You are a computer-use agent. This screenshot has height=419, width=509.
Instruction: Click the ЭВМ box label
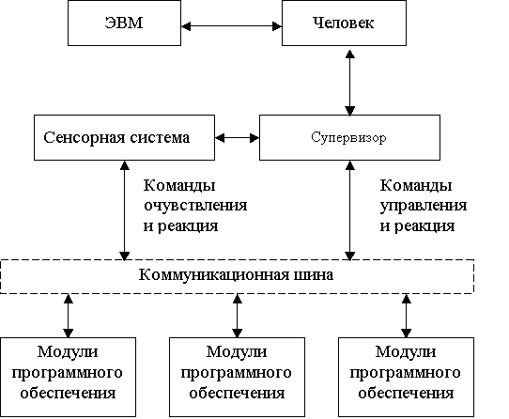coord(124,23)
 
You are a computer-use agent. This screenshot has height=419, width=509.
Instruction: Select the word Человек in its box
coord(343,23)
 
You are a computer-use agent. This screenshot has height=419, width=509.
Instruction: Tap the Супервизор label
coord(348,138)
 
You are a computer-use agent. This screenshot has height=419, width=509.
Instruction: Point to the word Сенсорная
coord(85,138)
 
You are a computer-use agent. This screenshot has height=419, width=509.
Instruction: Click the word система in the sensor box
coord(160,138)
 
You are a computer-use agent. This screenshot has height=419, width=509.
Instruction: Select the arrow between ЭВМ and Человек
coord(231,26)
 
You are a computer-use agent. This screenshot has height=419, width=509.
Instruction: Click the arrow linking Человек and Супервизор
coord(349,83)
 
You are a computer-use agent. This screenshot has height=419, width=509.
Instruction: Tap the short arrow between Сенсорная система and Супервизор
coord(237,138)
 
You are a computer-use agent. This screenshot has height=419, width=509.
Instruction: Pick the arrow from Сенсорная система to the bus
coord(125,210)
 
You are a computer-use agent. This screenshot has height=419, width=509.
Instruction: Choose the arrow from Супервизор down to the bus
coord(349,210)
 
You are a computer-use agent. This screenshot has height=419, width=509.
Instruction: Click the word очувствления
coord(195,206)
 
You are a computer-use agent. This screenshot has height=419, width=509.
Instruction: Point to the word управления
coord(424,207)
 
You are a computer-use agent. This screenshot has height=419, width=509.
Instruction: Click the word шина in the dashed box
coord(314,275)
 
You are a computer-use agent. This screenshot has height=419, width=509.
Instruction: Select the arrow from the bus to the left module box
coord(69,316)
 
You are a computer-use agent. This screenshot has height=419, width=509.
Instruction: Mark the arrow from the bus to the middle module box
coord(238,316)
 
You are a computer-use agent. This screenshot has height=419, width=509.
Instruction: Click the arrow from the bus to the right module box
coord(407,316)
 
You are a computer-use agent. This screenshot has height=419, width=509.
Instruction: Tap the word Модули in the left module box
coord(68,352)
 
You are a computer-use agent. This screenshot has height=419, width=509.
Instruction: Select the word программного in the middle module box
coord(236,374)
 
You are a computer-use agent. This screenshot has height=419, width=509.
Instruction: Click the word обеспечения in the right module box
coord(406,393)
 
